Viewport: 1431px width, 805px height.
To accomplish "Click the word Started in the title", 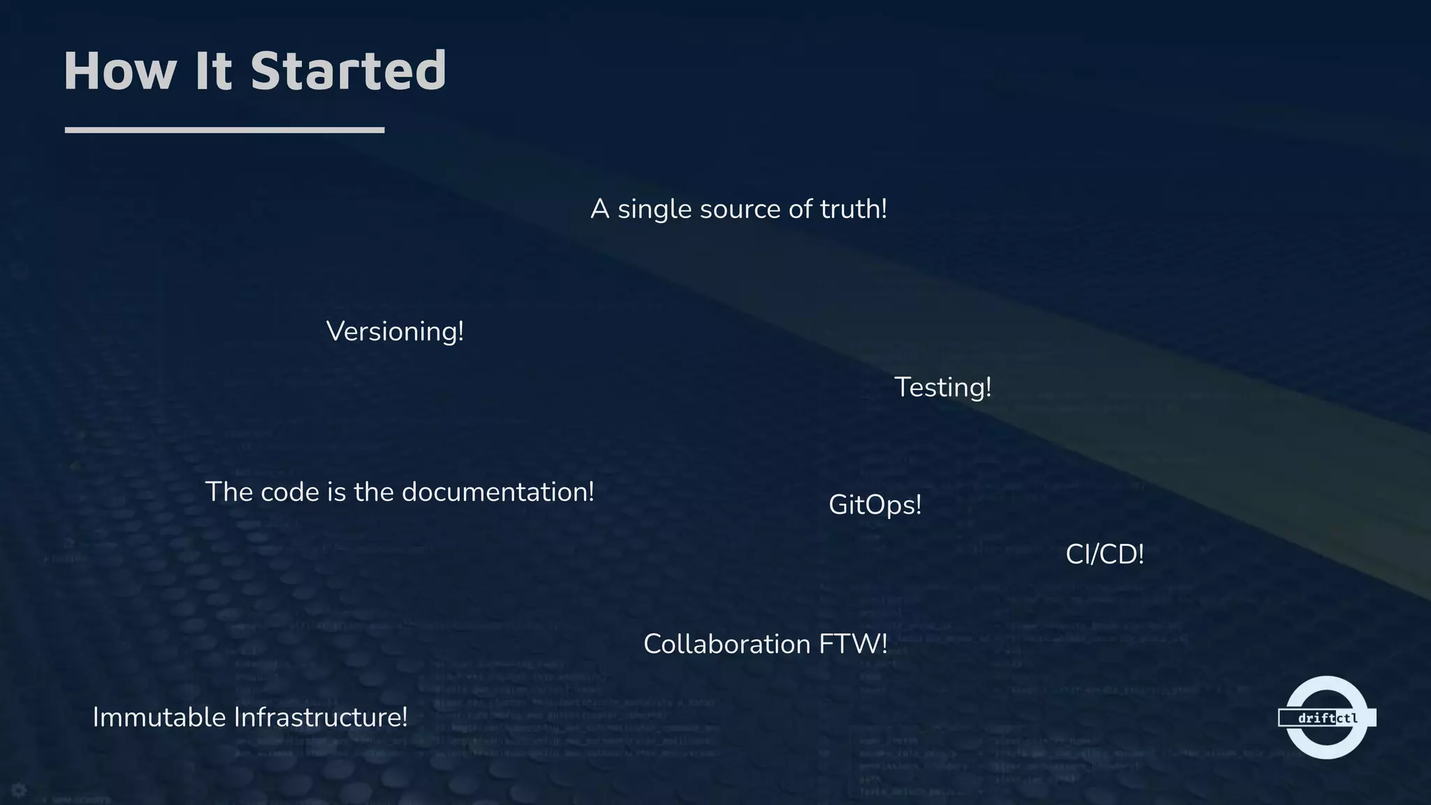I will tap(348, 71).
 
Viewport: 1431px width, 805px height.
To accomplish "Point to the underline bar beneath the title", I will tap(224, 130).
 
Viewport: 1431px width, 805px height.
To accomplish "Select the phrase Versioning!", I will tap(395, 331).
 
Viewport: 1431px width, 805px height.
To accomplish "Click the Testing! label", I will tap(943, 388).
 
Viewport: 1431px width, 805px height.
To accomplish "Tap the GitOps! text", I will tap(875, 505).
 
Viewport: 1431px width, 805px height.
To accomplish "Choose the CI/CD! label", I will tap(1105, 555).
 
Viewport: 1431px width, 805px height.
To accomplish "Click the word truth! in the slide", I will tap(853, 209).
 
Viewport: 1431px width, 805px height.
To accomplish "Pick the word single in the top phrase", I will tap(654, 210).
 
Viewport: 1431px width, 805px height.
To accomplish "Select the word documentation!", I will tap(497, 492).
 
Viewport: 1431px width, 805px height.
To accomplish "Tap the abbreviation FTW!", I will tap(853, 644).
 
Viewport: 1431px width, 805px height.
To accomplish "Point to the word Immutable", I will tap(159, 718).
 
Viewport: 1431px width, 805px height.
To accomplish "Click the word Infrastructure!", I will tap(320, 718).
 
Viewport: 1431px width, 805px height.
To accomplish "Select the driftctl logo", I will tap(1326, 718).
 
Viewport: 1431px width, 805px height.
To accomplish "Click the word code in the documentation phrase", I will tap(289, 492).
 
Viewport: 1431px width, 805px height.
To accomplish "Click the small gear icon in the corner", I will tap(19, 790).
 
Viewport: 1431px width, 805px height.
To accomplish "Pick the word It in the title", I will tap(213, 71).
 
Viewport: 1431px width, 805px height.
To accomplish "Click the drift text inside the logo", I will tap(1316, 718).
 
